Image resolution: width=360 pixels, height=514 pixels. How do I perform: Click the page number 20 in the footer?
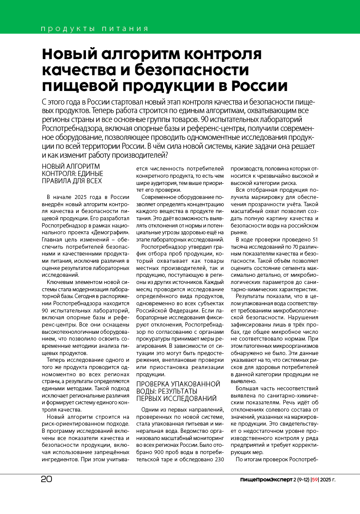coord(47,479)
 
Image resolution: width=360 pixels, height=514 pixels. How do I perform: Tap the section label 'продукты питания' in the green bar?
coord(94,29)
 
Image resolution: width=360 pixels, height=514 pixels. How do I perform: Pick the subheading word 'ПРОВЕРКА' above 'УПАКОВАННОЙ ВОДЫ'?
coord(151,383)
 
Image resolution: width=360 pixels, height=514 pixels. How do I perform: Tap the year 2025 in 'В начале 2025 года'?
coord(81,196)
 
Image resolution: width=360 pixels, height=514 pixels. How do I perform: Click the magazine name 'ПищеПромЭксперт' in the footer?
coord(266,480)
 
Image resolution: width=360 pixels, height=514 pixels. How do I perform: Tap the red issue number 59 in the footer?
coord(315,480)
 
